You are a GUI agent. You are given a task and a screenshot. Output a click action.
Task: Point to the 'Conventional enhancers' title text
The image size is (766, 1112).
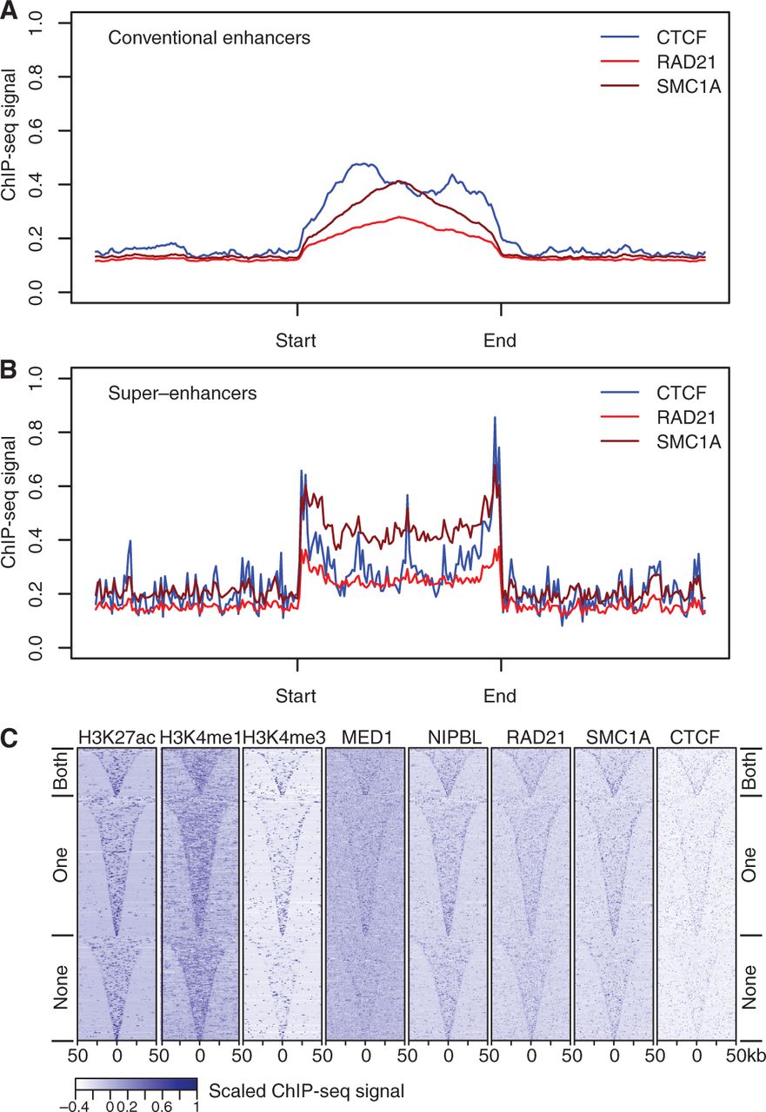pyautogui.click(x=210, y=38)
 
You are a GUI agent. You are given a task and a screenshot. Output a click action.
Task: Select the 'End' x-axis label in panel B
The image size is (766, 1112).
pyautogui.click(x=500, y=696)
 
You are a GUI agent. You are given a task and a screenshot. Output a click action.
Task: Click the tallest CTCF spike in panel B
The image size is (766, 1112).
pyautogui.click(x=495, y=418)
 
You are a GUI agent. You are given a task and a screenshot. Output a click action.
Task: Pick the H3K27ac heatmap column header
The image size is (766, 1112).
pyautogui.click(x=116, y=738)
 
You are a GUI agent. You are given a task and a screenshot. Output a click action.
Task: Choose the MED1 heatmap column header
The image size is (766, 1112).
pyautogui.click(x=364, y=738)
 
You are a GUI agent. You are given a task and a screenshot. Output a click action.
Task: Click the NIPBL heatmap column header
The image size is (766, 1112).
pyautogui.click(x=447, y=738)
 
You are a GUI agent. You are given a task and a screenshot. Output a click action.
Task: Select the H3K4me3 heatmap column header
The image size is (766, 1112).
pyautogui.click(x=283, y=738)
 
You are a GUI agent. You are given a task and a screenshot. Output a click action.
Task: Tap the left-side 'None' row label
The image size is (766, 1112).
pyautogui.click(x=61, y=986)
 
